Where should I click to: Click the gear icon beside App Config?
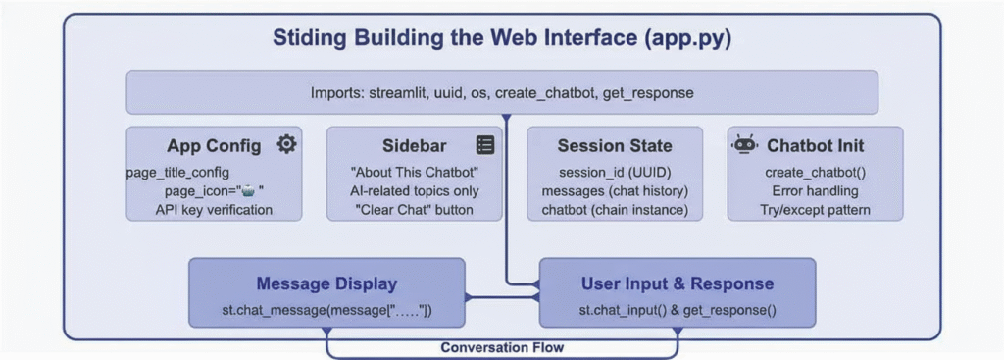click(286, 145)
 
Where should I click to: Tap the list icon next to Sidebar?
click(485, 145)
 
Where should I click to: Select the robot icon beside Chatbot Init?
click(744, 145)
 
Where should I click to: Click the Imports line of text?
click(502, 93)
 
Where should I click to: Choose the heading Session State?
click(615, 146)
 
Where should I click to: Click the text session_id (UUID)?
click(615, 173)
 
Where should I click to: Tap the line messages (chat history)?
click(615, 191)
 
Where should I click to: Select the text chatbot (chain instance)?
click(615, 210)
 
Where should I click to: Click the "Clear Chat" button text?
click(415, 210)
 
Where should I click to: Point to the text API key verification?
click(214, 210)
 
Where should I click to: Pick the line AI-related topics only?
click(415, 191)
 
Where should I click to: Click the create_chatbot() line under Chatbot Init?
click(815, 173)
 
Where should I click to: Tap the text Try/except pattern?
click(815, 210)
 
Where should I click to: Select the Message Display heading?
click(326, 283)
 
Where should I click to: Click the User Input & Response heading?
click(678, 283)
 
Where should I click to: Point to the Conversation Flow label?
click(502, 348)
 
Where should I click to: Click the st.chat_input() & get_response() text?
click(678, 311)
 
